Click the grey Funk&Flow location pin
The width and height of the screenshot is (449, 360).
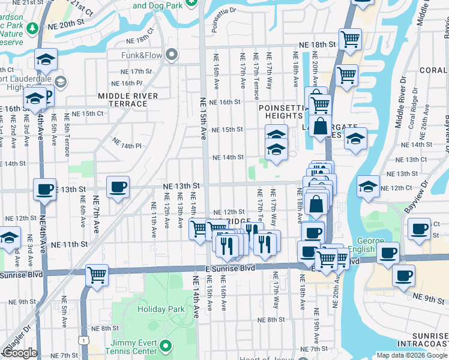click(172, 56)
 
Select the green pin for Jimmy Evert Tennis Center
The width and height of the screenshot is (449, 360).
click(169, 346)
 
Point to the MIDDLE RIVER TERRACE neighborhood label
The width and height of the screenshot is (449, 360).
click(128, 100)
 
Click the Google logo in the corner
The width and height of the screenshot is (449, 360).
click(20, 353)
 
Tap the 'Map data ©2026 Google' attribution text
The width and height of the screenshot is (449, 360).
click(412, 355)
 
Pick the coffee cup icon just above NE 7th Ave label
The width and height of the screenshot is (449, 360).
click(118, 187)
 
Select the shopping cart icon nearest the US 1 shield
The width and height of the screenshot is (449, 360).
click(97, 275)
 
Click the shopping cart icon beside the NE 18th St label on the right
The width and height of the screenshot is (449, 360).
click(350, 40)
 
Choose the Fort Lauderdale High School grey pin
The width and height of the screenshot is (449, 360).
click(60, 81)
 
